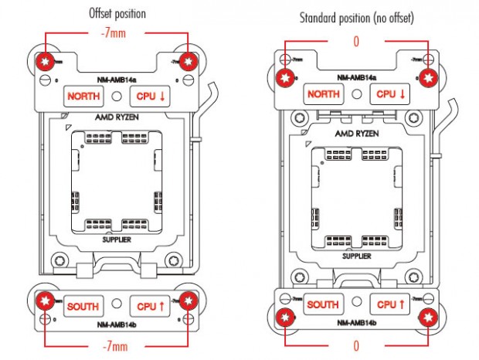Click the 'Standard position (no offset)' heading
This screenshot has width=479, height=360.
point(355,16)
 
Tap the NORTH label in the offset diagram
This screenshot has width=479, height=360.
point(82,97)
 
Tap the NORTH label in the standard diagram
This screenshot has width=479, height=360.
point(323,95)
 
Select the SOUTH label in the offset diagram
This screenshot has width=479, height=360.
point(82,307)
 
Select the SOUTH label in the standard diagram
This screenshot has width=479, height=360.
point(323,305)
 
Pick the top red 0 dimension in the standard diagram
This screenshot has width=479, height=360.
point(356,42)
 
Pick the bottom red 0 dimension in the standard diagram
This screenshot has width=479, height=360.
point(356,345)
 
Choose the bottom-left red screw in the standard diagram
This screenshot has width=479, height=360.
point(287,317)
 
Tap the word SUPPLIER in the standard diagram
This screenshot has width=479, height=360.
point(356,256)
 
